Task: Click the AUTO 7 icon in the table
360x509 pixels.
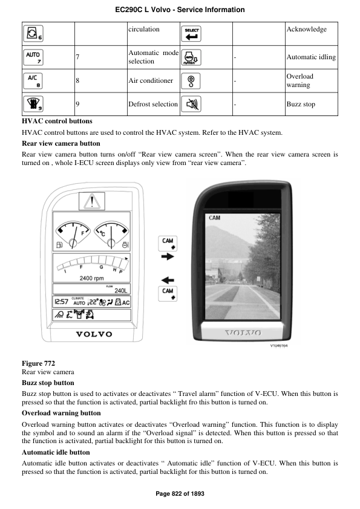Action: point(34,57)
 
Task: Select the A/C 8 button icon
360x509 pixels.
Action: point(34,80)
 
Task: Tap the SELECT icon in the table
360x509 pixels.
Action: point(193,33)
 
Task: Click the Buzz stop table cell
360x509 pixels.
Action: point(311,104)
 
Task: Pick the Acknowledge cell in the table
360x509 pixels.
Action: point(311,29)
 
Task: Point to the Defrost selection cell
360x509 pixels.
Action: point(153,104)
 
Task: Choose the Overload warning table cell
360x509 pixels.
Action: point(311,80)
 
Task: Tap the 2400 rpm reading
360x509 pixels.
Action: point(93,278)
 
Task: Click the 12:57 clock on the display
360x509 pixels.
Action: point(61,302)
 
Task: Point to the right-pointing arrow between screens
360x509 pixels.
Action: point(168,257)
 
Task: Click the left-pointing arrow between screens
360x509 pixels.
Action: point(168,280)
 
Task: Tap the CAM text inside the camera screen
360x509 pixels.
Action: point(215,218)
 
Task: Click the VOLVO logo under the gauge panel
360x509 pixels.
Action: point(93,334)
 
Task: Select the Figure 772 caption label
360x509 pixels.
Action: point(38,363)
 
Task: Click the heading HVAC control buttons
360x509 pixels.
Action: point(57,122)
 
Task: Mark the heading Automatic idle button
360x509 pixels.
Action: point(56,452)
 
